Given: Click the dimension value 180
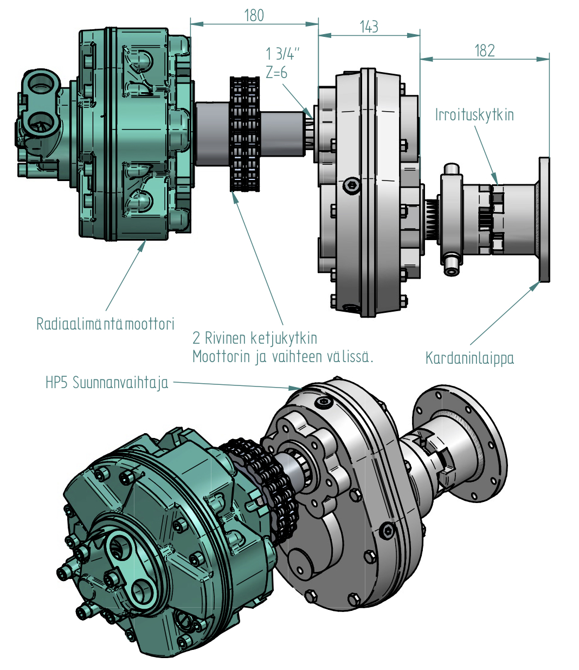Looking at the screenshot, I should (254, 15).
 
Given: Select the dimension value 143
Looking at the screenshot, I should (369, 27).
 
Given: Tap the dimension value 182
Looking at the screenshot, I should (484, 51).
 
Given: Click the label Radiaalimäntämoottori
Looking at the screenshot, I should (105, 324).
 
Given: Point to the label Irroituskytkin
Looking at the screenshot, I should (474, 115).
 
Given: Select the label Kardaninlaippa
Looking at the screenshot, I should (469, 358).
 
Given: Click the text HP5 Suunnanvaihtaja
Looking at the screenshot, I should (107, 383).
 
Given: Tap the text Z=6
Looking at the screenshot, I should (276, 73).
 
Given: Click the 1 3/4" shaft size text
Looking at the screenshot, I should (282, 54).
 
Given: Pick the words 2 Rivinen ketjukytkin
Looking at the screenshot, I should (255, 338).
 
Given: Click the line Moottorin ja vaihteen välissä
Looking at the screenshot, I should (283, 357).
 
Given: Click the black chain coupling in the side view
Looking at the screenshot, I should (245, 134).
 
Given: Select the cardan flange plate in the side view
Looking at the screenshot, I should (544, 220).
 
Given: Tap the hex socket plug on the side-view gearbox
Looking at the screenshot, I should (352, 186).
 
